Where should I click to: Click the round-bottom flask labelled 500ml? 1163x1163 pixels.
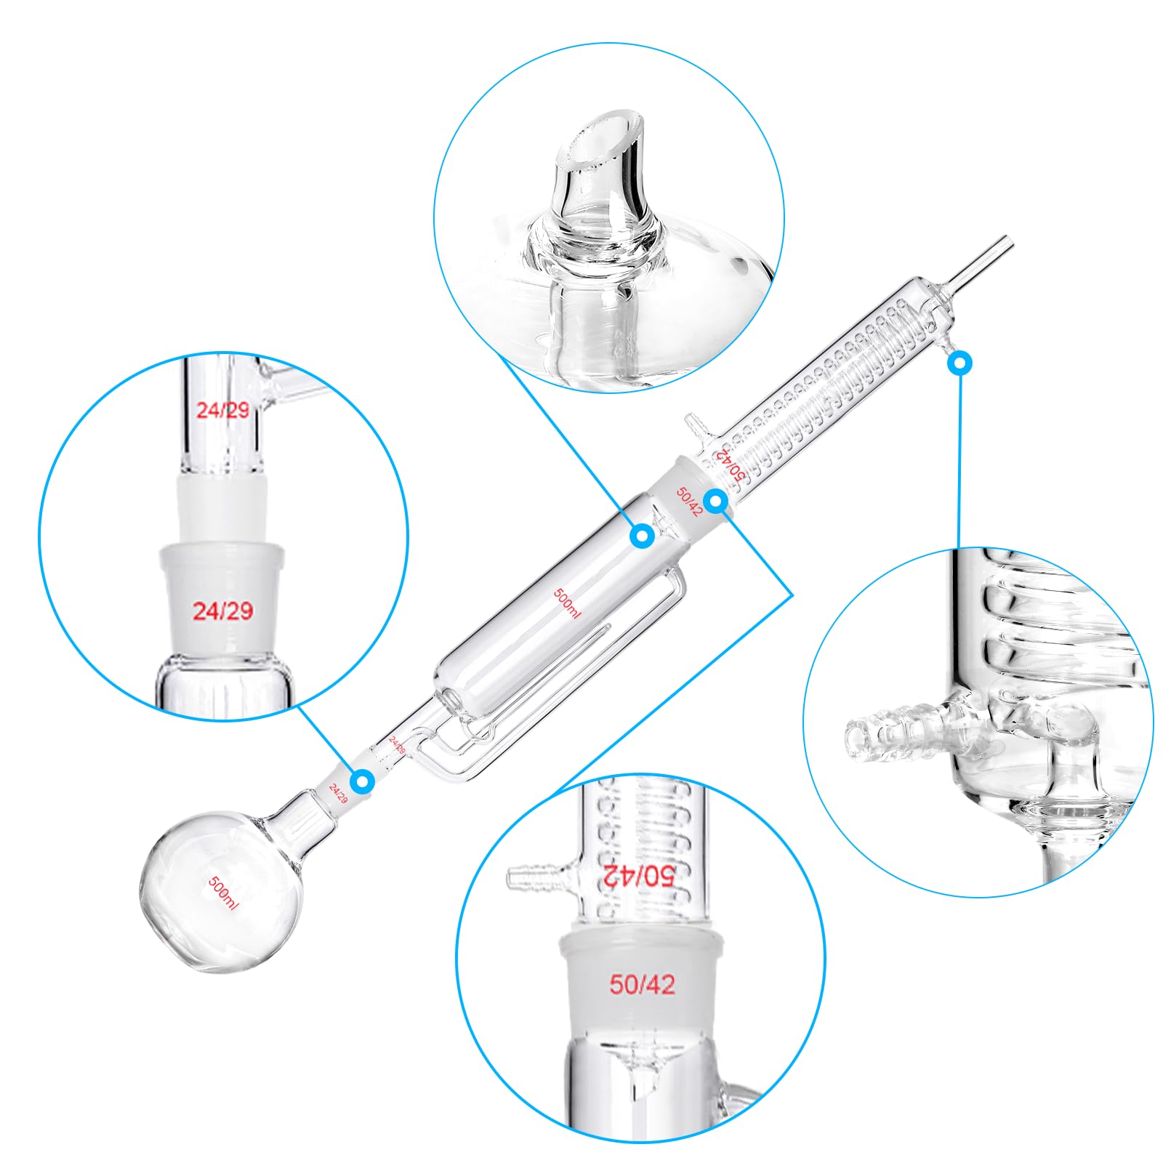[218, 890]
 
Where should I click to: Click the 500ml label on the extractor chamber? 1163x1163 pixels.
[567, 603]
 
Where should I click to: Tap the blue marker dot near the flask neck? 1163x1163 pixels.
[362, 782]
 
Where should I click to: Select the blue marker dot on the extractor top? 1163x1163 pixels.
[642, 536]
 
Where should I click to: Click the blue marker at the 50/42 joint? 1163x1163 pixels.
[716, 501]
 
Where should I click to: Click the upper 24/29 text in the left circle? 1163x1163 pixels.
[222, 410]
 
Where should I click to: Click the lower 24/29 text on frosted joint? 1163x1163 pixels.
[222, 611]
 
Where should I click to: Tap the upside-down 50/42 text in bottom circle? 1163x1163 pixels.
[639, 875]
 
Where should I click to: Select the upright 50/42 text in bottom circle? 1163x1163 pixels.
[642, 985]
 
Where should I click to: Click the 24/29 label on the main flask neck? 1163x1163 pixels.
[338, 792]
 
